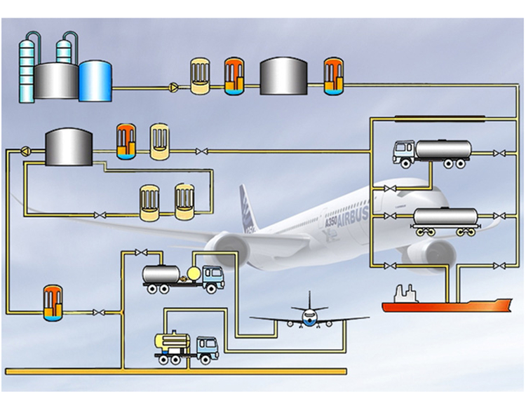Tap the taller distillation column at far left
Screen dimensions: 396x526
click(x=28, y=67)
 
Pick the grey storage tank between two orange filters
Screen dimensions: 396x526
click(x=283, y=76)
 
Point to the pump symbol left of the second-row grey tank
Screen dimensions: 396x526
click(x=26, y=150)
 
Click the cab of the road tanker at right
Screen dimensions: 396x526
click(x=404, y=153)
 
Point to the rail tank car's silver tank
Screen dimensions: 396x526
click(x=445, y=216)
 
